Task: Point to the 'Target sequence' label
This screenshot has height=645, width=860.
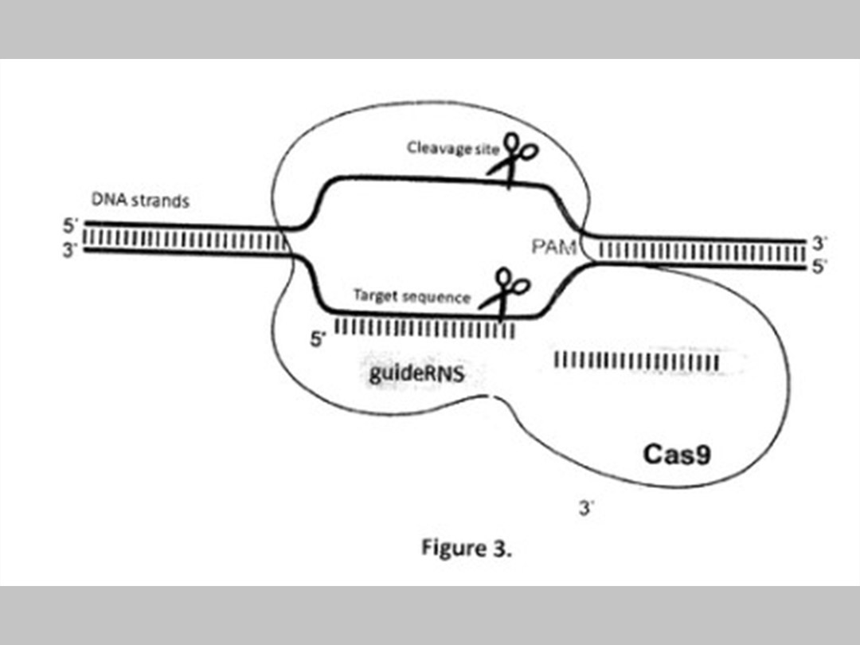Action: (412, 297)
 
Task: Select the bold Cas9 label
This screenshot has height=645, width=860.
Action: (677, 455)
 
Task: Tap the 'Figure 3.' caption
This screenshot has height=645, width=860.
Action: (467, 549)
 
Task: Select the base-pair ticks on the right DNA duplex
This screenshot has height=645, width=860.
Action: (702, 253)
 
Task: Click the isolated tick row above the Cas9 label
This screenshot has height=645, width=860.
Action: (636, 362)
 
